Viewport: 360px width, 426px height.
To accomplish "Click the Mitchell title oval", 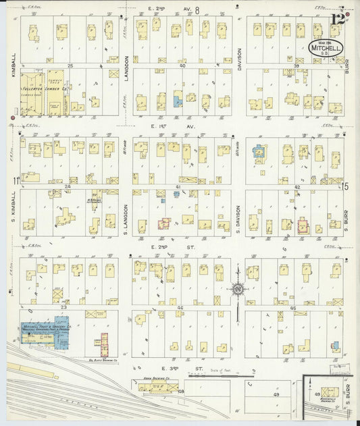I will click(327, 49).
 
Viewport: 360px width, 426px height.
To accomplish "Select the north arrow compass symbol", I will click(238, 290).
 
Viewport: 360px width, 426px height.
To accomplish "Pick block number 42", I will click(297, 186).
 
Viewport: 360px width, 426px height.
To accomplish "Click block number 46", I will click(181, 307).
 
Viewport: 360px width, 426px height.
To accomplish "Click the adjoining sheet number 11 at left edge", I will click(14, 180).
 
